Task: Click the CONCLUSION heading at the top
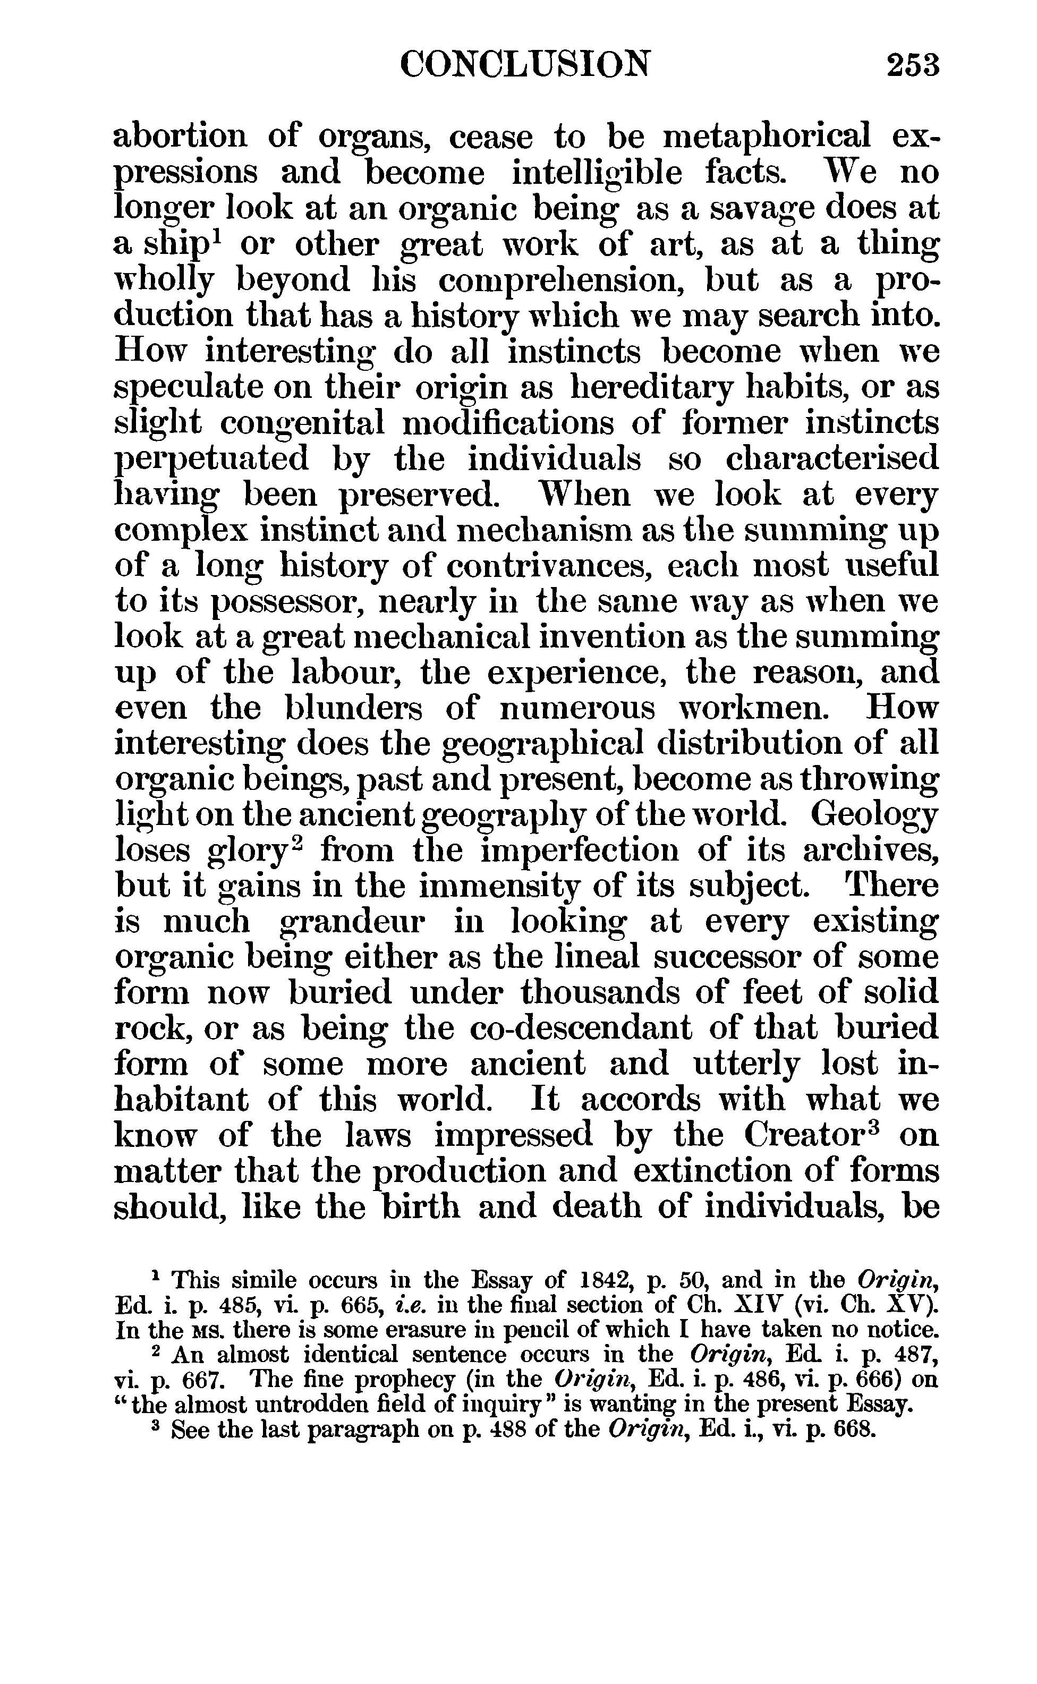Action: click(x=525, y=65)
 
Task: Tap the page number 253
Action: click(x=912, y=66)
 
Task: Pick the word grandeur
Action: click(x=353, y=922)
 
